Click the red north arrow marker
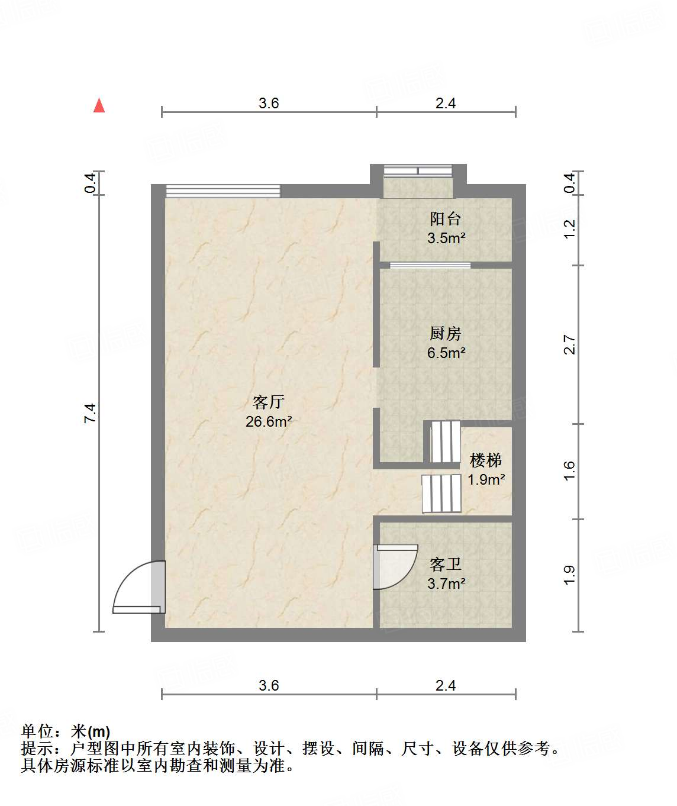[99, 105]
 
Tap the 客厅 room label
[269, 402]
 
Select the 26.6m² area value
[269, 422]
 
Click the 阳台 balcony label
[446, 219]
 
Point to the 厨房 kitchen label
[446, 334]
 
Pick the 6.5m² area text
[446, 353]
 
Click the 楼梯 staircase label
[486, 460]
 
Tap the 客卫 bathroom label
[446, 564]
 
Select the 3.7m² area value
[446, 583]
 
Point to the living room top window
[223, 191]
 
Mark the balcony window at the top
[418, 171]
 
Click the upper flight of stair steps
[444, 441]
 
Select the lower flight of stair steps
[441, 494]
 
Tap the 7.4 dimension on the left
[90, 412]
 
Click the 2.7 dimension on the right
[569, 344]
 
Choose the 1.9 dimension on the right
[569, 575]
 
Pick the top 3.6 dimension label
[269, 104]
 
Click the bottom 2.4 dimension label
[446, 685]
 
